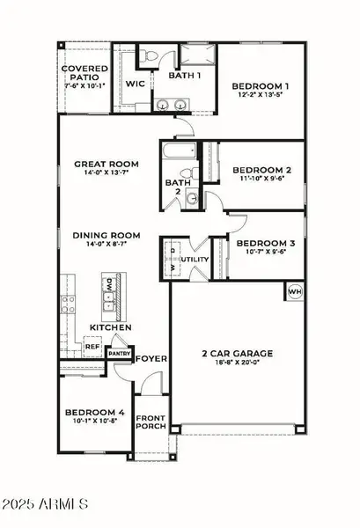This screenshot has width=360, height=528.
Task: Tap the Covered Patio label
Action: tap(84, 75)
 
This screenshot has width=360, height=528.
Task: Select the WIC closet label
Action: tap(135, 84)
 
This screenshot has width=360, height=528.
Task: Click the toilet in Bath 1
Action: tap(151, 58)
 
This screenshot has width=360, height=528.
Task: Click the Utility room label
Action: tap(195, 260)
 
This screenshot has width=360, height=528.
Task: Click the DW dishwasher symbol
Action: tap(107, 285)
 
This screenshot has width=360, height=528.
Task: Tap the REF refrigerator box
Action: tap(92, 348)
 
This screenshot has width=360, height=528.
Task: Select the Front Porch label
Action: tap(151, 423)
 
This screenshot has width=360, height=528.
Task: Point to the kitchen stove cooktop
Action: tap(67, 305)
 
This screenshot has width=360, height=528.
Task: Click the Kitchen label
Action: tap(110, 327)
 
